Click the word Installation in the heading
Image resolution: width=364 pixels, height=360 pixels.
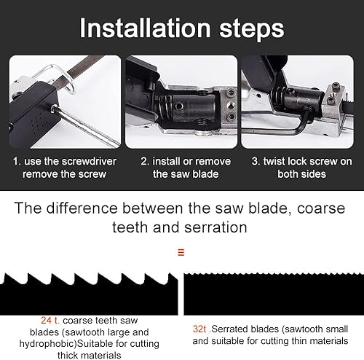(x=145, y=28)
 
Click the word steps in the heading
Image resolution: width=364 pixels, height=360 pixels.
(x=252, y=30)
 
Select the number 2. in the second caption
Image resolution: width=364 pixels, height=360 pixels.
(x=145, y=161)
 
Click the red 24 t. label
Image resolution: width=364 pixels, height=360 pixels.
(x=50, y=321)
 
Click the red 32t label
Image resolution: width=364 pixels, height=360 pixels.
(x=199, y=329)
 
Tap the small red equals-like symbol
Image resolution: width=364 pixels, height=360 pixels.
(x=181, y=252)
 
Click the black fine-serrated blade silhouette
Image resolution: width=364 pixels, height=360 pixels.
(x=274, y=294)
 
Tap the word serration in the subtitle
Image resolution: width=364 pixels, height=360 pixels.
(x=215, y=227)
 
